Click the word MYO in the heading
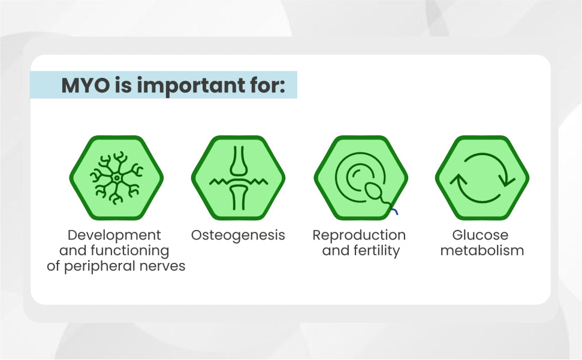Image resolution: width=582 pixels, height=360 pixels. [x=86, y=85]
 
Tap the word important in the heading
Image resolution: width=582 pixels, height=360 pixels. [x=191, y=86]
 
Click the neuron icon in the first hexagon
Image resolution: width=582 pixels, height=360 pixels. [x=116, y=178]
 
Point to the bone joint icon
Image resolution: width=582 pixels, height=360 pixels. [x=239, y=178]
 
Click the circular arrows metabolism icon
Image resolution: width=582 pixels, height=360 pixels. [x=482, y=178]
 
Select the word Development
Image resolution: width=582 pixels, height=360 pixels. [x=114, y=235]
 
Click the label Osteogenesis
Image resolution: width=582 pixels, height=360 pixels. [x=238, y=235]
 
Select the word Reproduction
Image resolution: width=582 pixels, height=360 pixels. [x=359, y=235]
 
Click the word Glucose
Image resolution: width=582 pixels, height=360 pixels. [x=480, y=235]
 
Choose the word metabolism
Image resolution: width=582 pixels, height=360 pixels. [x=482, y=250]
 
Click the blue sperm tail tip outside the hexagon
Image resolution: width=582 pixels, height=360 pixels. [x=397, y=213]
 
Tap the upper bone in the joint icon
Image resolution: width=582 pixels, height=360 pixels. [x=239, y=161]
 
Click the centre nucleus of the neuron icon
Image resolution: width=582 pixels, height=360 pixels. [x=116, y=178]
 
